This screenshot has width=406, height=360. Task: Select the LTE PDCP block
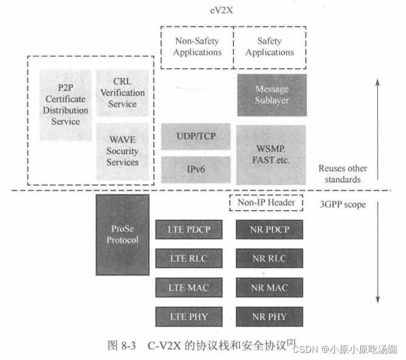click(x=188, y=230)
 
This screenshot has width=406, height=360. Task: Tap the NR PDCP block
click(x=270, y=230)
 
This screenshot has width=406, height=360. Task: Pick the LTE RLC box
click(x=188, y=259)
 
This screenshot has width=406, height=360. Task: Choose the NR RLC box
click(x=270, y=259)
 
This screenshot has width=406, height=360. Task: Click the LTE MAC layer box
click(x=188, y=288)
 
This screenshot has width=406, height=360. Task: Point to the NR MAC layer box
click(x=270, y=288)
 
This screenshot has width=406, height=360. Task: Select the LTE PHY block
click(x=188, y=317)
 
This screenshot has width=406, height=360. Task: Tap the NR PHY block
click(x=270, y=317)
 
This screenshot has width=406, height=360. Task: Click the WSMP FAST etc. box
click(x=270, y=155)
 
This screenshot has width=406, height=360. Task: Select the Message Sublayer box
click(x=272, y=95)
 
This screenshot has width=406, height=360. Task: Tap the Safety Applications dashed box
click(x=270, y=47)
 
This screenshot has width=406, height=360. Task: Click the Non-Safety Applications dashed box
click(x=197, y=47)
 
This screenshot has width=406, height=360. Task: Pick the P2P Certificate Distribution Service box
click(x=66, y=104)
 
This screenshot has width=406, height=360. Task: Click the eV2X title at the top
click(x=232, y=10)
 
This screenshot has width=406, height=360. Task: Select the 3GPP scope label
click(x=345, y=205)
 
